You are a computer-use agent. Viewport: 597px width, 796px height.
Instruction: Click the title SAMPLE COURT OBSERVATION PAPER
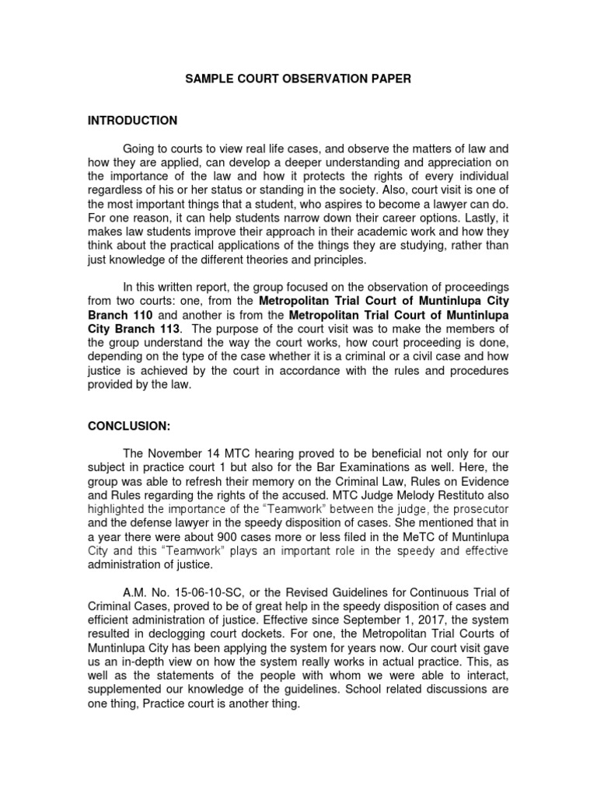point(298,79)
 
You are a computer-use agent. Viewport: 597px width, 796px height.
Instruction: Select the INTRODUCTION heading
point(132,120)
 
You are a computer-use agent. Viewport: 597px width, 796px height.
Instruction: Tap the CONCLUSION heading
point(129,427)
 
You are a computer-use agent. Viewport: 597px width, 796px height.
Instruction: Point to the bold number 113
point(175,330)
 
